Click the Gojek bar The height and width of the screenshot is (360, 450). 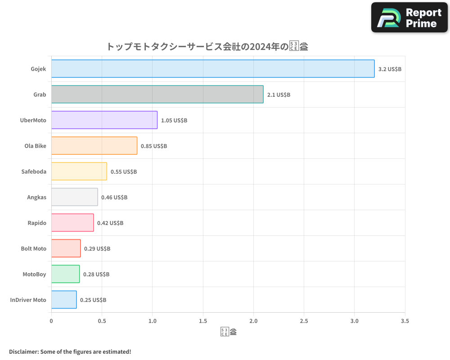click(x=213, y=69)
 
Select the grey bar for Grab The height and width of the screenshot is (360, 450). click(x=157, y=94)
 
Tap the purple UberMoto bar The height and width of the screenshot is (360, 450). click(x=104, y=120)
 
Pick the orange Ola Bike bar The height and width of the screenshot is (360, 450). click(x=94, y=146)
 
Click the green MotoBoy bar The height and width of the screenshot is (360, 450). click(x=65, y=274)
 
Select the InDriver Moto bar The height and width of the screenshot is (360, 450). click(x=64, y=300)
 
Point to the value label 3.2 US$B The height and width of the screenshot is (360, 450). click(x=390, y=69)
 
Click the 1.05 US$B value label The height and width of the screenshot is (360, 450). click(x=174, y=121)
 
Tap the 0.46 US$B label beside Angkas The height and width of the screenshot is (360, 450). click(x=114, y=198)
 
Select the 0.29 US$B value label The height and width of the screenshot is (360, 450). click(x=97, y=249)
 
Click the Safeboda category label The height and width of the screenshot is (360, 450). click(x=34, y=171)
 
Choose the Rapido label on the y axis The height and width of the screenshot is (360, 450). click(x=37, y=223)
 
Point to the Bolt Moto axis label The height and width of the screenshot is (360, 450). click(x=33, y=248)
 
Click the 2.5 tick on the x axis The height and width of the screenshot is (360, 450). click(x=304, y=321)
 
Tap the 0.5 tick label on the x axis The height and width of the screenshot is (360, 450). click(x=102, y=321)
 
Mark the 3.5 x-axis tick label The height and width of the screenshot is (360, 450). click(x=405, y=321)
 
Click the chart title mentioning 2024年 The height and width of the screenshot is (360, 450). click(x=207, y=46)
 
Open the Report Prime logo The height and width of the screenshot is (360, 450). click(x=409, y=18)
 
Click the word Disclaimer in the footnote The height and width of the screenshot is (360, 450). click(x=23, y=351)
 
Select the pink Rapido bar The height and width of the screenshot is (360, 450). click(x=72, y=223)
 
